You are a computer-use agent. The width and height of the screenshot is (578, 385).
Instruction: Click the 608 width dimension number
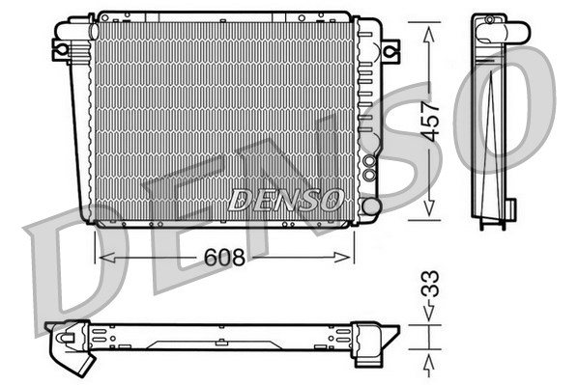point(224,257)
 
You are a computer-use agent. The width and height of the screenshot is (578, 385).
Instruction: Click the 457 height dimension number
point(430,122)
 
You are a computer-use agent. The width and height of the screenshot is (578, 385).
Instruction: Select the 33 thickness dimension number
point(430,284)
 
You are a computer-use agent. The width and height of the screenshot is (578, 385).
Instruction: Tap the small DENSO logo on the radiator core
point(286,200)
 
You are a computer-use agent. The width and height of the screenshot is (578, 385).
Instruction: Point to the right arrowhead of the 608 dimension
point(342,258)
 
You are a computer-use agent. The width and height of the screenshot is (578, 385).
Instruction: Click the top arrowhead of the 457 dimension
point(429,34)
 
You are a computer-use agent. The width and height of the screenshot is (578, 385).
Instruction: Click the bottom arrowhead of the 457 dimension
point(429,208)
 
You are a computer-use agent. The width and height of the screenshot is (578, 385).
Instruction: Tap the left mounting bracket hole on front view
point(62,49)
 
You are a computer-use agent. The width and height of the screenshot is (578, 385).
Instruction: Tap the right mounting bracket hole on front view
point(390,51)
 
